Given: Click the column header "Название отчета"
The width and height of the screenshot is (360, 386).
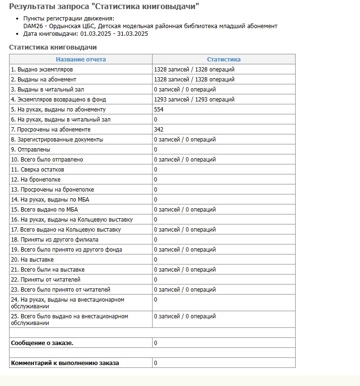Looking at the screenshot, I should point(81,60).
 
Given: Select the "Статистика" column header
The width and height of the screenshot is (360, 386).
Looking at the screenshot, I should point(224,60).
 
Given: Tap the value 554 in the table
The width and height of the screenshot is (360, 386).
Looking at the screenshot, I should point(159,110).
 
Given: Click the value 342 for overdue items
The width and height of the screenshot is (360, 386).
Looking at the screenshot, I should point(159,130).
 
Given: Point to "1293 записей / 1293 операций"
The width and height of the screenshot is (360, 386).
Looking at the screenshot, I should point(194,100).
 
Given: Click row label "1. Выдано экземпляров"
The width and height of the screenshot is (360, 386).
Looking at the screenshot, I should point(41,70).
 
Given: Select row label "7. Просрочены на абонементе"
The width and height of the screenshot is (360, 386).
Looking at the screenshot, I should point(51,130).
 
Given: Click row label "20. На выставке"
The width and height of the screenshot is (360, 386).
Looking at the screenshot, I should point(32,260).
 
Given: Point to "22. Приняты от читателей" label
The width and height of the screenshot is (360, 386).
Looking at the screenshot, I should point(46,280).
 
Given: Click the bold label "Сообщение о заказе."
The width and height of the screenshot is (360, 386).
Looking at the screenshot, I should point(42,343).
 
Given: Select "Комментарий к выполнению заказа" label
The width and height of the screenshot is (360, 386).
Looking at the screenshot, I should point(65,363).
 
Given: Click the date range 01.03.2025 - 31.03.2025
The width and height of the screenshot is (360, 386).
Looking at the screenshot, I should point(114,34).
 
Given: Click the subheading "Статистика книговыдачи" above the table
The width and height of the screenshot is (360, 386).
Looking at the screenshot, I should point(53,48).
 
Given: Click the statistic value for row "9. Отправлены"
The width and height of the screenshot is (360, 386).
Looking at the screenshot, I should point(156,150).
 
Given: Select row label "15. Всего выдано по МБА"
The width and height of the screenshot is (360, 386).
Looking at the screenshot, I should point(44,210).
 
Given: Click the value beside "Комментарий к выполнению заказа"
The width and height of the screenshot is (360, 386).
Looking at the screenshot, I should point(156,363).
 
